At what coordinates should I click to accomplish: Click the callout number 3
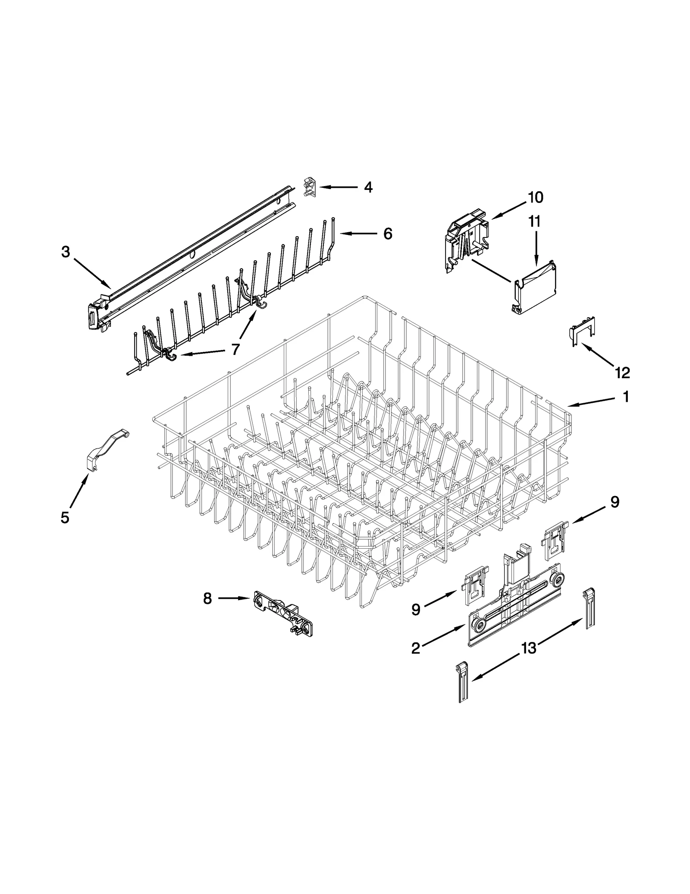click(66, 252)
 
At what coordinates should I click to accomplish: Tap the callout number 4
click(368, 187)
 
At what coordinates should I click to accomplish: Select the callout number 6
click(388, 234)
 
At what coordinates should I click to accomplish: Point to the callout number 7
click(235, 349)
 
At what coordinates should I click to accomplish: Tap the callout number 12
click(622, 372)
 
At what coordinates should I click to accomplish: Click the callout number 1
click(626, 397)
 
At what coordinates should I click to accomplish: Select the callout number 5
click(65, 517)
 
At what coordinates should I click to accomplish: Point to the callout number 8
click(207, 598)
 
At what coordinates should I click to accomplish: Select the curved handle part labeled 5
click(106, 449)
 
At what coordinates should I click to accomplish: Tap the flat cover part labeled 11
click(535, 287)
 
